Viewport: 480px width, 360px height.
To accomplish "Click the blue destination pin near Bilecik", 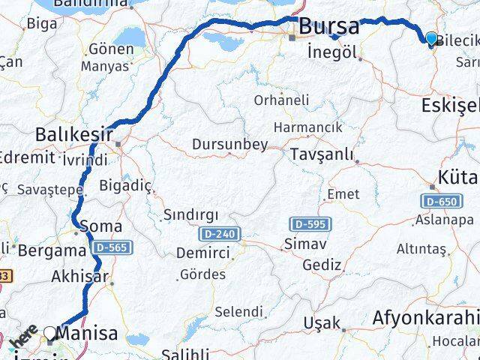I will [431, 39].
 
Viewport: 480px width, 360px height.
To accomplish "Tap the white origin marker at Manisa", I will [50, 332].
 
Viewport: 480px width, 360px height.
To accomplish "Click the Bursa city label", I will [328, 27].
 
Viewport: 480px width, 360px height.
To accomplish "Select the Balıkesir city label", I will [73, 135].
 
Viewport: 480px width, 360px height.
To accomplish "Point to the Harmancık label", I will [307, 127].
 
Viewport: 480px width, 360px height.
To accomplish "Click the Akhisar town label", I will [80, 277].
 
